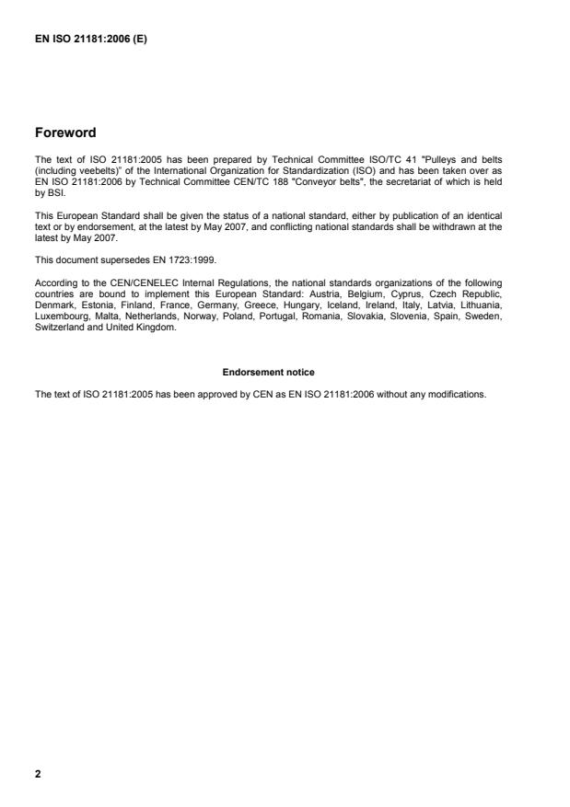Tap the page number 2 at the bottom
pyautogui.click(x=38, y=774)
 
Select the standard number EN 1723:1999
pyautogui.click(x=189, y=259)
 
